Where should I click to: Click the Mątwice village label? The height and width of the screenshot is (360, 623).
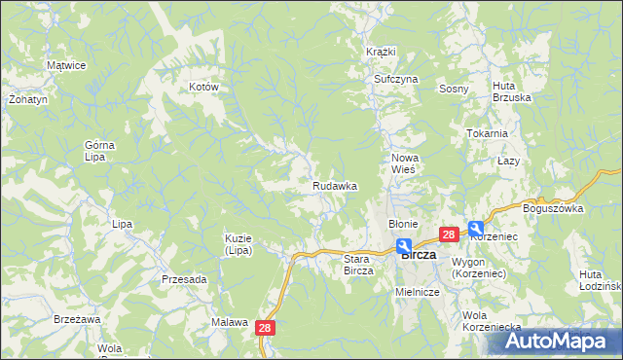point(67,65)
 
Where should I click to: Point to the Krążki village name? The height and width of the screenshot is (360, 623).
point(381,51)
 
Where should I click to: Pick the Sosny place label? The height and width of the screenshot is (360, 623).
point(454,89)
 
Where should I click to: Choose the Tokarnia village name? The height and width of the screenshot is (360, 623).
point(487,133)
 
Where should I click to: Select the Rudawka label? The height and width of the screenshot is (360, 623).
point(335,185)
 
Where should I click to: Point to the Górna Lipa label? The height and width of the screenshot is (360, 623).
point(99,151)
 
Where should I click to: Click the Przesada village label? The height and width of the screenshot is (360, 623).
point(184,279)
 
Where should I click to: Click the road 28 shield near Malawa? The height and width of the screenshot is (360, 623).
point(267,330)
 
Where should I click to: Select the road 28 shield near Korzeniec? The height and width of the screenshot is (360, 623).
point(449,234)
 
